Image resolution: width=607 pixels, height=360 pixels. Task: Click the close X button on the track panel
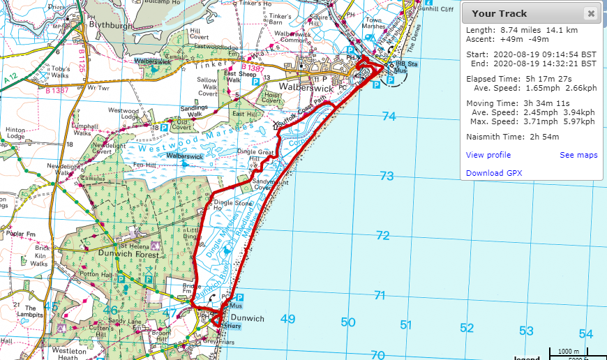coord(590,13)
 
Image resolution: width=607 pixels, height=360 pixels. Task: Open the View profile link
coord(488,155)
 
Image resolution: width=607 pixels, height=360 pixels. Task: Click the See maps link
coord(578,155)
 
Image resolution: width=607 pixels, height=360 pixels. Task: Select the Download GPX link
coord(494,173)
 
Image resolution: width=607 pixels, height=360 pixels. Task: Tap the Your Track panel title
coord(495,13)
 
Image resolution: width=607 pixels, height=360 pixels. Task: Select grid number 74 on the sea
coord(389,117)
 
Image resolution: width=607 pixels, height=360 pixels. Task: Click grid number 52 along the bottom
coord(467,328)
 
